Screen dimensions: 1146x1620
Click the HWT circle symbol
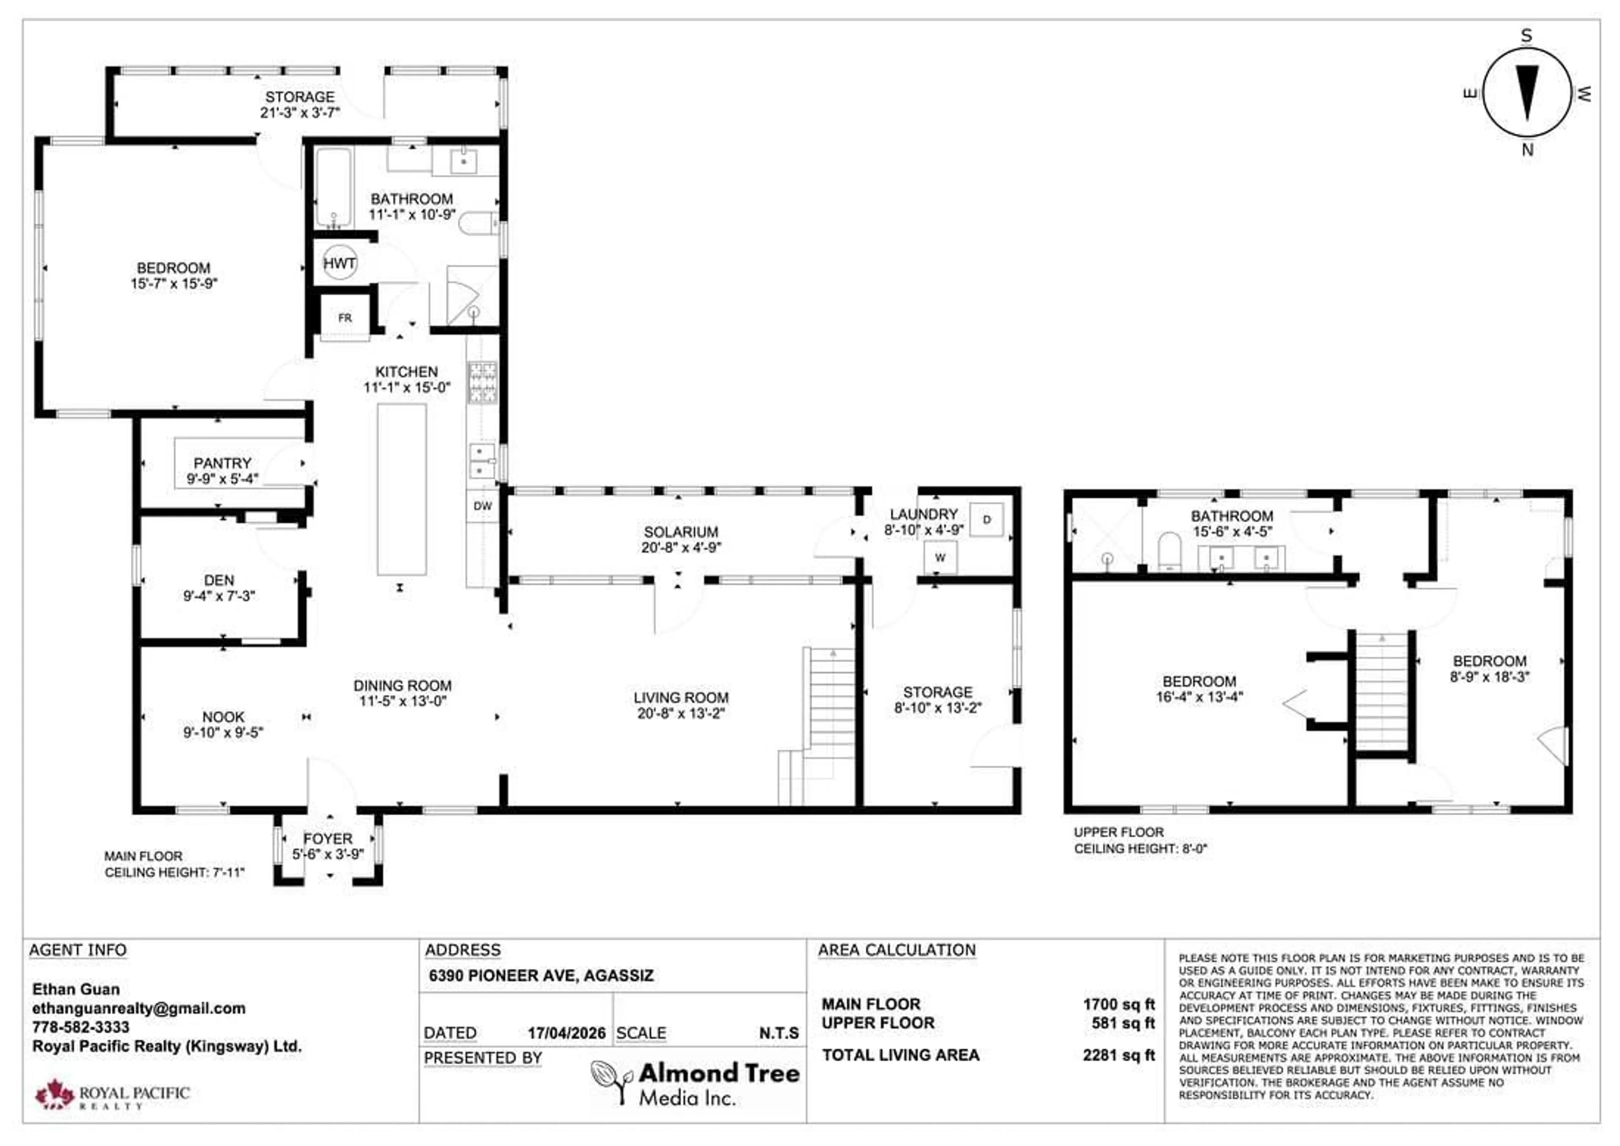coord(339,263)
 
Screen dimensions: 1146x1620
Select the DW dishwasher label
coord(483,506)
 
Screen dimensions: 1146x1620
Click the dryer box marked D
coord(986,519)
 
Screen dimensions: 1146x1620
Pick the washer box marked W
coord(940,557)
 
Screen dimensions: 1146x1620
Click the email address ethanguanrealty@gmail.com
coord(139,1008)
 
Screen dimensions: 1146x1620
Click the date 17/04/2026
coord(567,1033)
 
